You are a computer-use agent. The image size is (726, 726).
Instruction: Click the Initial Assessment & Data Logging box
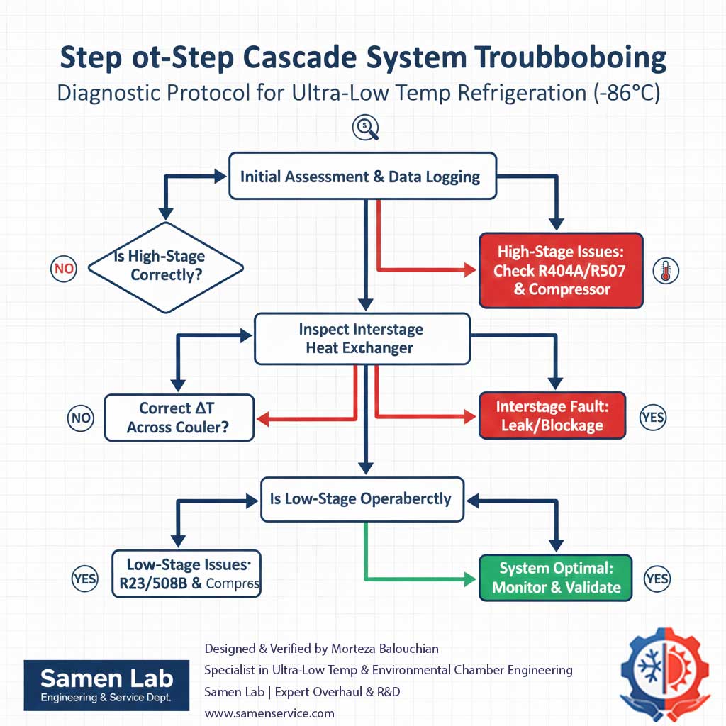360,177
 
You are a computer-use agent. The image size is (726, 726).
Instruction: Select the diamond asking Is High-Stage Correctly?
166,267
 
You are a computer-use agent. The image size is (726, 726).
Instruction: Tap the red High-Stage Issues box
561,270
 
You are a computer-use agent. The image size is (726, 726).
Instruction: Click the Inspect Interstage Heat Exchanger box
362,338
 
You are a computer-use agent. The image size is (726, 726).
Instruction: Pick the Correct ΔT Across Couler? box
179,417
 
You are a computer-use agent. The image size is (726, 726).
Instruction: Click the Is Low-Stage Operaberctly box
362,498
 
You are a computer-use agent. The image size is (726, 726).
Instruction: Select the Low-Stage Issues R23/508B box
187,574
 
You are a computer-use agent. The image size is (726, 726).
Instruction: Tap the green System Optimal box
556,577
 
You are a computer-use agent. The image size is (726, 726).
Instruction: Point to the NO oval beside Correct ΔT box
81,418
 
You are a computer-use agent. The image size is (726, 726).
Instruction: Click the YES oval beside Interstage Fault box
652,417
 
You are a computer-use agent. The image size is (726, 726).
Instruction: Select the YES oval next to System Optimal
657,579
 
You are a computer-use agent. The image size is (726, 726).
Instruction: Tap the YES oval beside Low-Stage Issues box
85,579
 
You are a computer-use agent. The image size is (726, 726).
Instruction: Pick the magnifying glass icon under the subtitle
365,127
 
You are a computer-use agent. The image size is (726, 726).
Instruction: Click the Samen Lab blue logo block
106,686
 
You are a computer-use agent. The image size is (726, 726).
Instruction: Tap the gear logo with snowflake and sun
664,670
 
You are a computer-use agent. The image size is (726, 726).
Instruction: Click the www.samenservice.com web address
269,713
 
